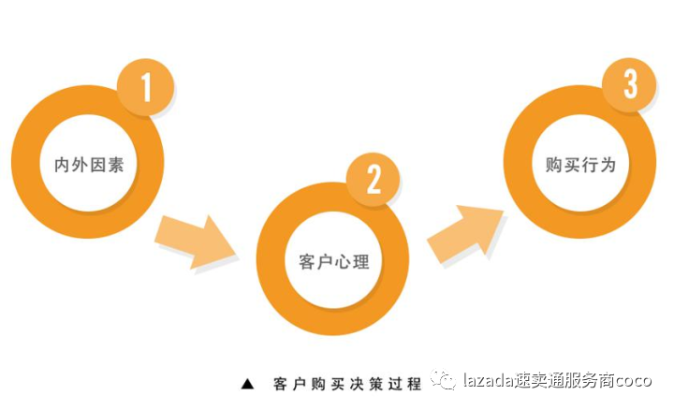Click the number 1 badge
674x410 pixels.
click(x=146, y=88)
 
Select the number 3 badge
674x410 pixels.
click(x=630, y=85)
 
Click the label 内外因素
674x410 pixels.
click(x=89, y=165)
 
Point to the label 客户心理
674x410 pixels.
click(x=334, y=261)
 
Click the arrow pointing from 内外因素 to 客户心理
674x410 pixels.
click(x=195, y=242)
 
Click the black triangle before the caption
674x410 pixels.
click(x=248, y=384)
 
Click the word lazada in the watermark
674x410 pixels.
click(x=484, y=381)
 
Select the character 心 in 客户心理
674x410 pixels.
click(x=344, y=261)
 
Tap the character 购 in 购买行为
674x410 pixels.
click(x=554, y=165)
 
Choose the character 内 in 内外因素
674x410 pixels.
click(x=63, y=165)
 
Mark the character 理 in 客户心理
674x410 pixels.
click(x=361, y=261)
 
